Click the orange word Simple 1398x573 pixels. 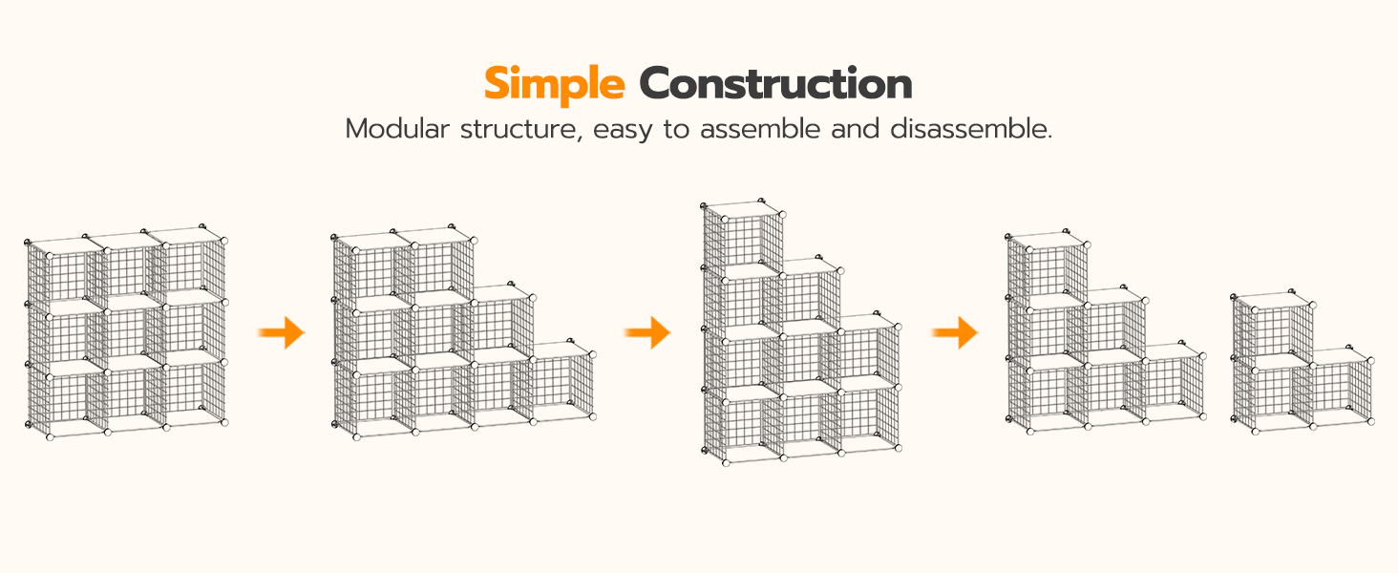[x=554, y=85]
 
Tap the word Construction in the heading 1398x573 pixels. [x=775, y=84]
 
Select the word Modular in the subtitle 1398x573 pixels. [x=397, y=129]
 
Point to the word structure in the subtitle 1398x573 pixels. [x=521, y=130]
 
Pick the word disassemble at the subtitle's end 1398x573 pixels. [x=970, y=129]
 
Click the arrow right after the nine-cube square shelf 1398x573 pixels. [x=282, y=332]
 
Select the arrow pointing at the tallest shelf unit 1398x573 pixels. [x=647, y=332]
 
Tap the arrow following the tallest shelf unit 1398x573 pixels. [x=955, y=332]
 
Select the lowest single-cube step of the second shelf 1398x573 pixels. [x=561, y=381]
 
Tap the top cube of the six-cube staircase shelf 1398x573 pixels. [x=1048, y=268]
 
